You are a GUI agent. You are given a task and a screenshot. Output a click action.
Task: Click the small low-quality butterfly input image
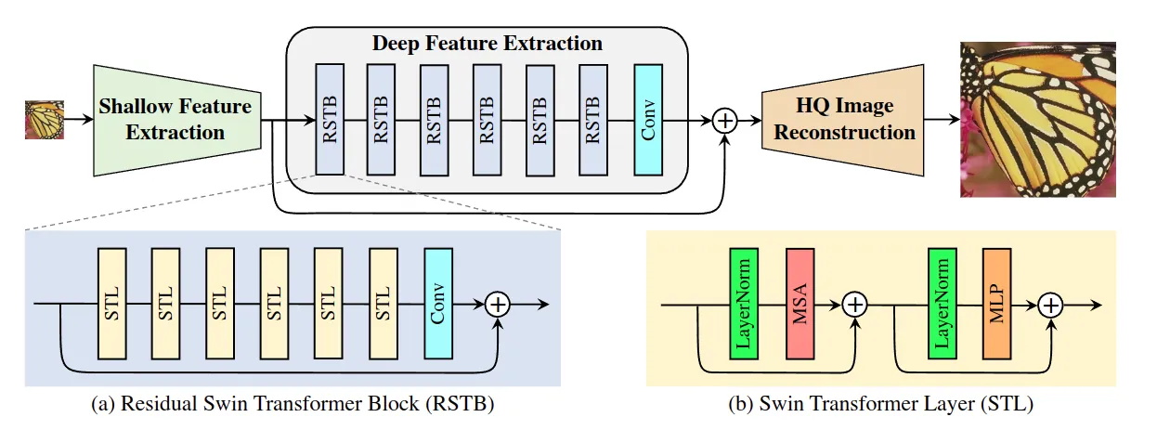44,120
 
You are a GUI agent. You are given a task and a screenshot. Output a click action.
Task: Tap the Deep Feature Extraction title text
487,44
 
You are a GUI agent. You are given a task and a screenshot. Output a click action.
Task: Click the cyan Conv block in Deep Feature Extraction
648,120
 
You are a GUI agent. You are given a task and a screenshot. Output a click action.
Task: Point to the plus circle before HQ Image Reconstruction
724,121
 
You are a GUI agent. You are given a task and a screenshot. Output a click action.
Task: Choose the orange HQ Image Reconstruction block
843,120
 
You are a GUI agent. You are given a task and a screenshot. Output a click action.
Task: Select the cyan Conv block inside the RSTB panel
438,304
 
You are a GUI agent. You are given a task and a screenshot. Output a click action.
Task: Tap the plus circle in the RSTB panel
499,304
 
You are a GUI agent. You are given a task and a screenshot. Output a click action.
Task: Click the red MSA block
800,304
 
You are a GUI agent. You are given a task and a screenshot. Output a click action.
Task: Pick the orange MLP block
996,304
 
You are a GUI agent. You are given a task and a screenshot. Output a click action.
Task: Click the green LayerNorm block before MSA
744,304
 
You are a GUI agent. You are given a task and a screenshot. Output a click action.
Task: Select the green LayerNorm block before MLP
942,304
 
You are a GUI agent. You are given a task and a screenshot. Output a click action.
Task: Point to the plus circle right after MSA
854,304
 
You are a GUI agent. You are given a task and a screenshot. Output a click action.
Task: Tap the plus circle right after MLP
1050,304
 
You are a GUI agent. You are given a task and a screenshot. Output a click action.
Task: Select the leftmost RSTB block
330,120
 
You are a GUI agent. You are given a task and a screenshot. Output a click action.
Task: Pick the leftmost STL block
111,304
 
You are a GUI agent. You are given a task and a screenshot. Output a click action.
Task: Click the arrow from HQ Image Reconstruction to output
942,121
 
